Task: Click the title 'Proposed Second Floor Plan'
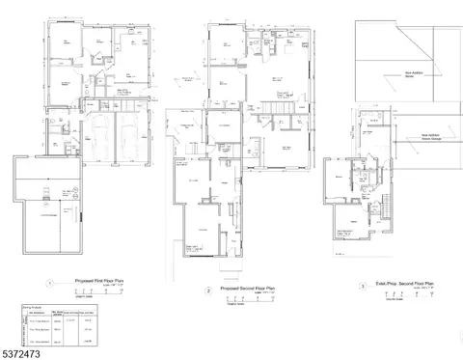pos(247,288)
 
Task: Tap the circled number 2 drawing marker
pos(207,290)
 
